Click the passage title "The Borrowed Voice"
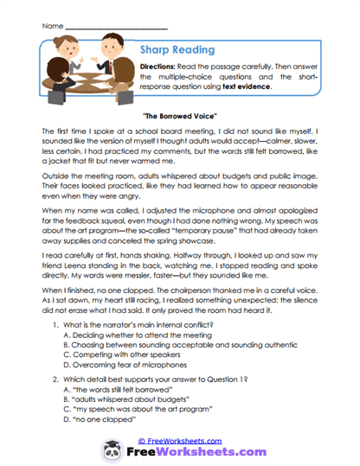pyautogui.click(x=179, y=115)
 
